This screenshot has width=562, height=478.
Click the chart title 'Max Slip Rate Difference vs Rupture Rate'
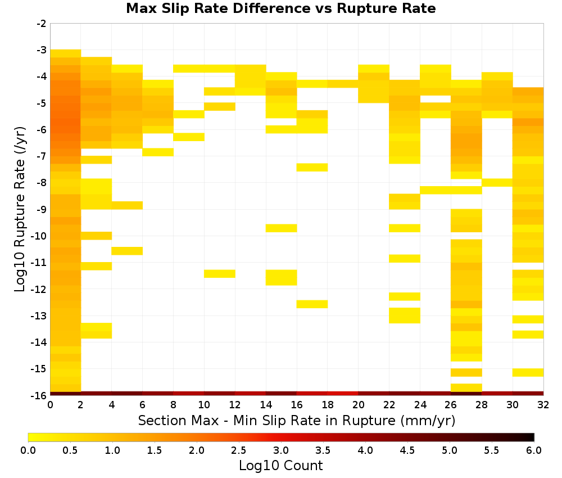(280, 8)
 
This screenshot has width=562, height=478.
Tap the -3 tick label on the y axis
(42, 50)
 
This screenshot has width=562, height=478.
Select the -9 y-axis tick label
(42, 209)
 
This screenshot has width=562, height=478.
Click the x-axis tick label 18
(328, 405)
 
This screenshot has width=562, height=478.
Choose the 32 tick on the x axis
(543, 405)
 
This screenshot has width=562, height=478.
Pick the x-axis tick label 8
(174, 405)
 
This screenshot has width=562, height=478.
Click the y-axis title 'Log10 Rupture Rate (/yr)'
(20, 209)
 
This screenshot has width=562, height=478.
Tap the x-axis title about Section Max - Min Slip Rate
(297, 420)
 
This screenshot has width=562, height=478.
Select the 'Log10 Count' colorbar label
(280, 466)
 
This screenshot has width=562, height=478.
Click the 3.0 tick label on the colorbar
(281, 450)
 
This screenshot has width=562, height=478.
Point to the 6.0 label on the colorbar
(534, 450)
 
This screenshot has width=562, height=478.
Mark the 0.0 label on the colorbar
(28, 450)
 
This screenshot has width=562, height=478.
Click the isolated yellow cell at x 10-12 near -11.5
(220, 274)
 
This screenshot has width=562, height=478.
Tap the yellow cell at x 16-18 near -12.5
(312, 304)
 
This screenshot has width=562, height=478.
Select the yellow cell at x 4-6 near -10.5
(127, 251)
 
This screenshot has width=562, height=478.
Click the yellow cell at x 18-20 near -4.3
(343, 84)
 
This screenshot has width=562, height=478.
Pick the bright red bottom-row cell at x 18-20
(343, 394)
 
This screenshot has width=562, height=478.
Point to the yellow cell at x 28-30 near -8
(497, 183)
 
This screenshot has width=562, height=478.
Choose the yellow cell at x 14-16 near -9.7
(282, 228)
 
